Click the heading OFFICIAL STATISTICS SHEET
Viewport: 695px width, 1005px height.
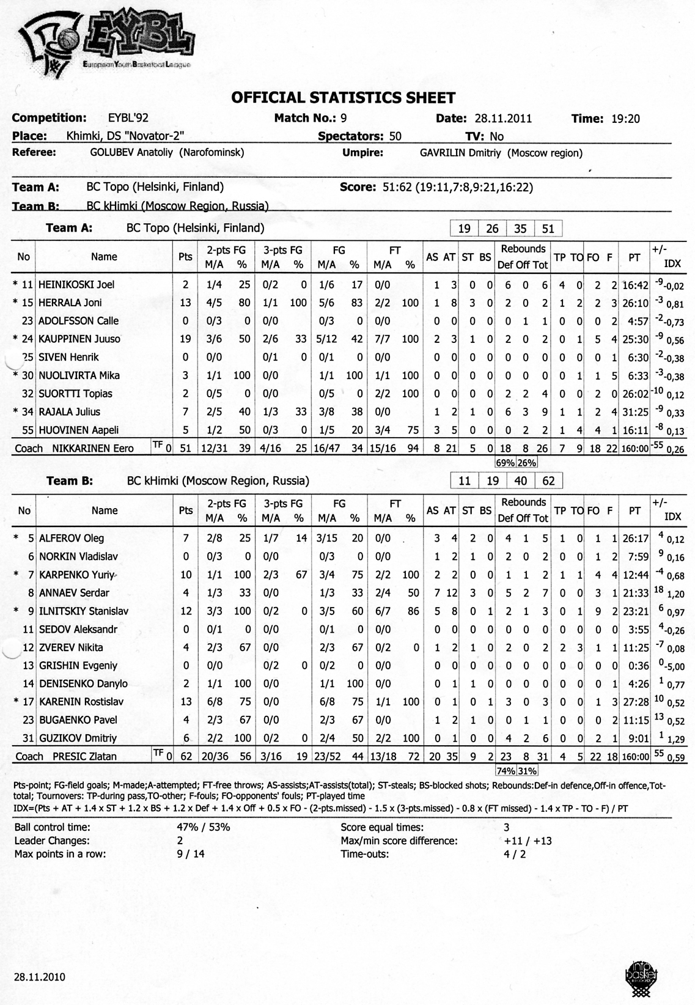click(x=343, y=98)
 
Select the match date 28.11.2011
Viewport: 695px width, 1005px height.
click(x=503, y=119)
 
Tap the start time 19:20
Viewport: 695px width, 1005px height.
click(x=625, y=119)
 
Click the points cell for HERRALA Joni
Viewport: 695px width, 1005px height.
click(x=185, y=303)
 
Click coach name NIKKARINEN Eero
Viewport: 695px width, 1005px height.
click(x=93, y=449)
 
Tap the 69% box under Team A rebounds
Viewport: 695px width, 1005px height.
click(x=506, y=463)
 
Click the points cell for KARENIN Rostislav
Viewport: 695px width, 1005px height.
click(x=186, y=702)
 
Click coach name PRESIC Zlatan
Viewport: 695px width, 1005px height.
click(x=84, y=756)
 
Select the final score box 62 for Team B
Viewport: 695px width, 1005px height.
click(x=548, y=481)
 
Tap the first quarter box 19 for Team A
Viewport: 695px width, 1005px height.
click(x=464, y=229)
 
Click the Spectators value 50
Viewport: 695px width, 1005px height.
click(x=395, y=136)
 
